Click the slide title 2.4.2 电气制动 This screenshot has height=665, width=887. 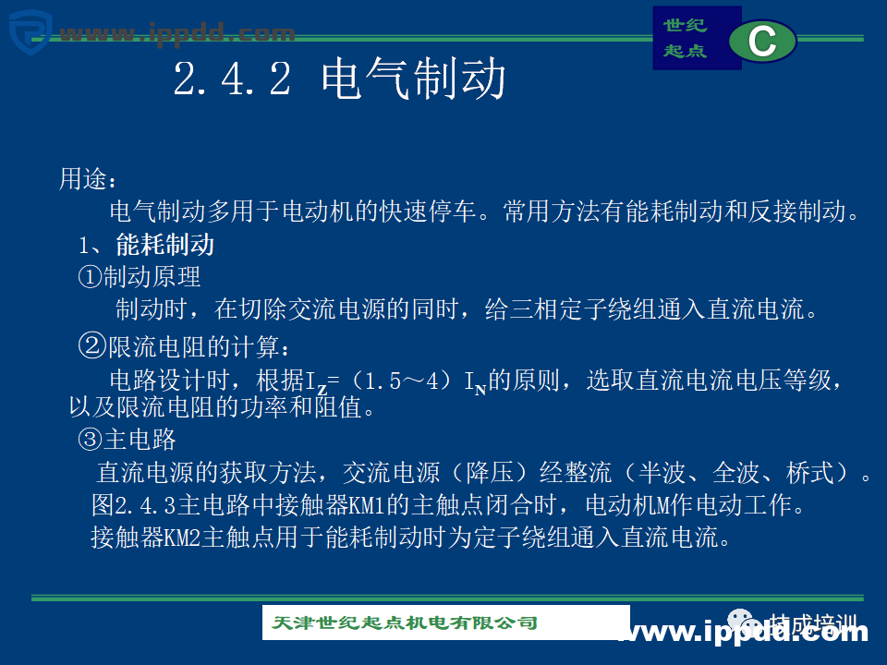tap(339, 79)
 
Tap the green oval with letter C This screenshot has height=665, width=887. tap(762, 41)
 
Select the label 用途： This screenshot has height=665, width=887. tap(89, 178)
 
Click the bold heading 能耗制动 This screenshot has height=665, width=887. tap(165, 245)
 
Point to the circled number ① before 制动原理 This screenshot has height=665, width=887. tap(89, 276)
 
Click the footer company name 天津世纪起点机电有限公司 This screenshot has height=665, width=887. tap(405, 623)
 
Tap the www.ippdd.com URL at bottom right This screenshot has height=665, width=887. tap(744, 632)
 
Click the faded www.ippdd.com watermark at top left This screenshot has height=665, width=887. tap(176, 34)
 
